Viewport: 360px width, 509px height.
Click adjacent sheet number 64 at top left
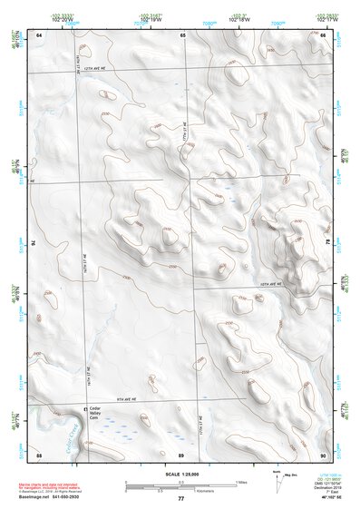(x=39, y=34)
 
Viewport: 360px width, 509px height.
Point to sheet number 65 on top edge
(x=182, y=34)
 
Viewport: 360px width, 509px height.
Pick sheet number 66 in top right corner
(x=324, y=34)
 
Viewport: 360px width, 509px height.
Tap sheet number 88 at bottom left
(x=39, y=453)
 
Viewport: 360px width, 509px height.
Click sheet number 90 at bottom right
(x=324, y=453)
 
